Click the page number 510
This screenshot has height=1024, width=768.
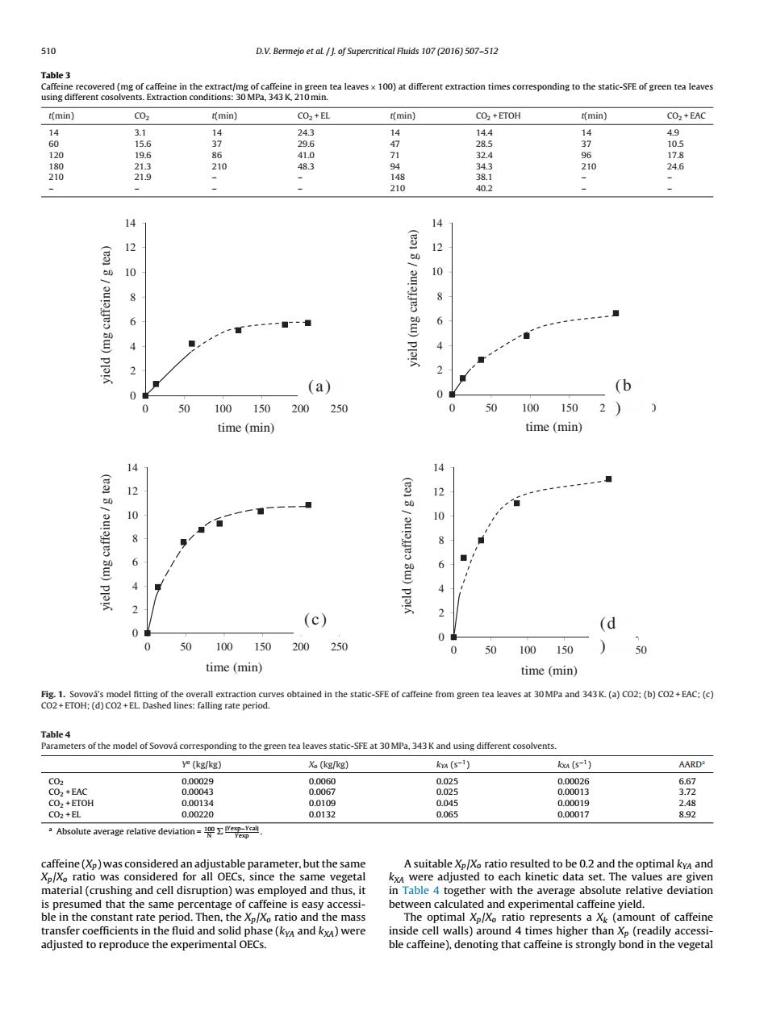(48, 52)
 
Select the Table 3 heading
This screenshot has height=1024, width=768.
(56, 75)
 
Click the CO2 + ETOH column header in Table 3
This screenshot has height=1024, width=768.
(498, 115)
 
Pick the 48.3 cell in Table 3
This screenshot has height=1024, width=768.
(306, 166)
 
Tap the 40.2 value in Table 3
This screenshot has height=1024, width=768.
(484, 189)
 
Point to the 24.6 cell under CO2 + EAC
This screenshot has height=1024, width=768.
(675, 166)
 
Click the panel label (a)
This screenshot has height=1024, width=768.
(319, 387)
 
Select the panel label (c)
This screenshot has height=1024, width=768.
(315, 620)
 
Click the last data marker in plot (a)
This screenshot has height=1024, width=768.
(307, 323)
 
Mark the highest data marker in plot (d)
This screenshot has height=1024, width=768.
(608, 479)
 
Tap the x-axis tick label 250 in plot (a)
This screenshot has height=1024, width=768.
(339, 408)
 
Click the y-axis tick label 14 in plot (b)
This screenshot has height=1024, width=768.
(437, 223)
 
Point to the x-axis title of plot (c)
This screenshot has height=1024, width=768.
(234, 667)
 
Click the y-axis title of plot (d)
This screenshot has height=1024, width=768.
(407, 545)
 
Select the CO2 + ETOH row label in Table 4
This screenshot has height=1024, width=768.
(71, 803)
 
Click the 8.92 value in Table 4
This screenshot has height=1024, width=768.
(687, 814)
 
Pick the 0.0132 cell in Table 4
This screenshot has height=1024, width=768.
(322, 814)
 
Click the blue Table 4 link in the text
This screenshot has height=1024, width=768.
(420, 890)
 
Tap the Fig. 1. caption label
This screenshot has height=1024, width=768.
(53, 694)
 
